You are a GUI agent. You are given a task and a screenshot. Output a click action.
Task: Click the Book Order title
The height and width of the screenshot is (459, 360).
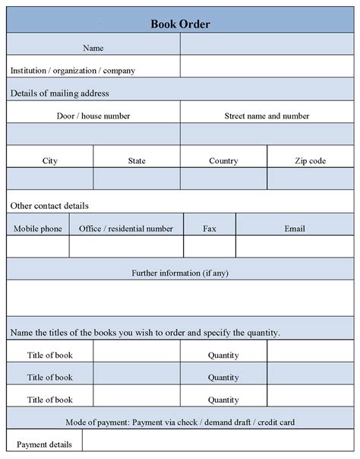180,24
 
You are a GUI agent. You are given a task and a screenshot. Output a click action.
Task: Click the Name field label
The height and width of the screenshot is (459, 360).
93,48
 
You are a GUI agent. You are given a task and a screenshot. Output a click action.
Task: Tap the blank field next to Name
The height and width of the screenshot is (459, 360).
267,48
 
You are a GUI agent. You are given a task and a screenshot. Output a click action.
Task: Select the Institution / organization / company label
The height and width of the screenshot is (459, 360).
73,70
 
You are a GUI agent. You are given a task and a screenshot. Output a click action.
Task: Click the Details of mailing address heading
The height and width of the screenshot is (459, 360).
60,93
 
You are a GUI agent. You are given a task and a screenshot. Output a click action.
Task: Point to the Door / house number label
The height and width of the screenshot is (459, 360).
93,116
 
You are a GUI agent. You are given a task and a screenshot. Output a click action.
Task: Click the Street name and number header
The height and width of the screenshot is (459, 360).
267,116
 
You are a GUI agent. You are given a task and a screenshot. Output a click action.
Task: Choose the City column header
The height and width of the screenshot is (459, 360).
50,160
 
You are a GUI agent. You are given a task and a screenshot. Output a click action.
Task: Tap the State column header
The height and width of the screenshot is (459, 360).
137,160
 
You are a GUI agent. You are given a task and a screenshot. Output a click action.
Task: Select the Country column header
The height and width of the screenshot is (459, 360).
223,160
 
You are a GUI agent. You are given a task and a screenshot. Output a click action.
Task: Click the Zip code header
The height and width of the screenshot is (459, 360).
310,160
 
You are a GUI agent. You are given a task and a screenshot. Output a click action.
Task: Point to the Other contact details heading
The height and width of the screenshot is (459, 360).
49,205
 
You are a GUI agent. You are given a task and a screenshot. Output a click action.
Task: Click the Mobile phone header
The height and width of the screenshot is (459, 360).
38,228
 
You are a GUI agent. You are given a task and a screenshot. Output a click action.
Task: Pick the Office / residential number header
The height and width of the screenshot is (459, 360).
126,228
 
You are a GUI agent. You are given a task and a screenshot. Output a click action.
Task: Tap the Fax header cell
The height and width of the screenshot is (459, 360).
210,228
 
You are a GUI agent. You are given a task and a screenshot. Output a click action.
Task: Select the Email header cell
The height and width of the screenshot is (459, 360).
295,228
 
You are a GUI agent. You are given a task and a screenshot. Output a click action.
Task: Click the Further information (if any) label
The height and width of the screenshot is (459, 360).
180,272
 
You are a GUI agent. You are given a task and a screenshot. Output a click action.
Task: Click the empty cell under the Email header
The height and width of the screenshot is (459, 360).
295,247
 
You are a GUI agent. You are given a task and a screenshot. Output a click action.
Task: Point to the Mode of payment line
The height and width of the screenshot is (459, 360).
180,422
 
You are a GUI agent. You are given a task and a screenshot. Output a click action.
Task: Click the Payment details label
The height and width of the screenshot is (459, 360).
44,445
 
